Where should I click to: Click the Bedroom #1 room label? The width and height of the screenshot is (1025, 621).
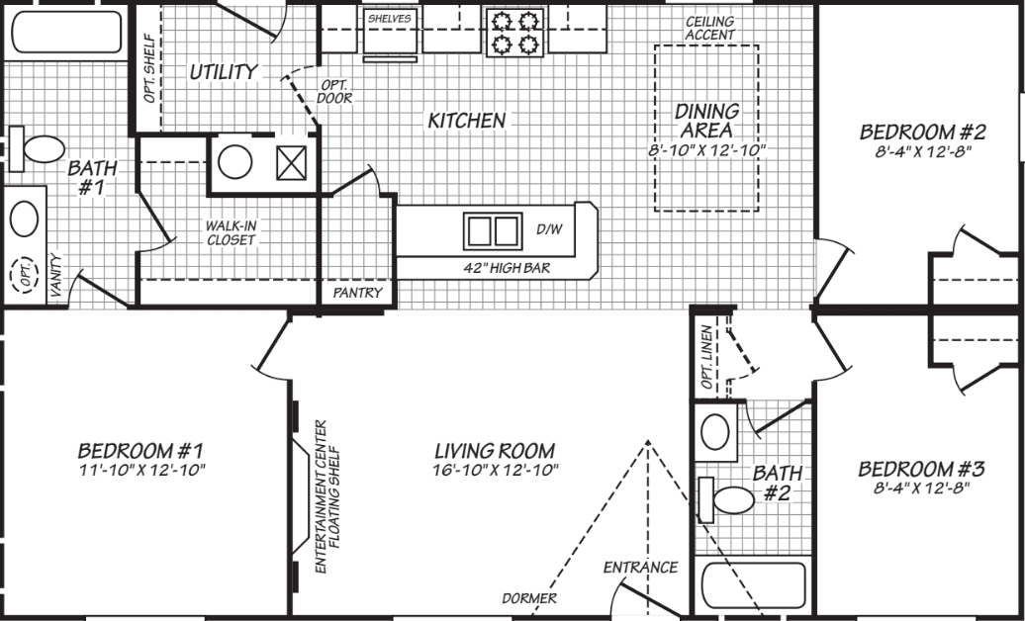coord(141,450)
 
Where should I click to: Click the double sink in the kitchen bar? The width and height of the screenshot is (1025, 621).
coord(492,229)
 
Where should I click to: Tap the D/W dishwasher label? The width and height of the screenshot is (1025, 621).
coord(549,229)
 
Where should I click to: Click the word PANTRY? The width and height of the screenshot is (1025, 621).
coord(357,294)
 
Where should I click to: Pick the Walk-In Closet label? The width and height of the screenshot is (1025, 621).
coord(231,232)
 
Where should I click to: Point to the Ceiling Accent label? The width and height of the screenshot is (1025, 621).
coord(710,28)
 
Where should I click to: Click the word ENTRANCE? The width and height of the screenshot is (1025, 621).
coord(640,568)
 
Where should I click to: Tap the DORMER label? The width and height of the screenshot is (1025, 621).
coord(528,598)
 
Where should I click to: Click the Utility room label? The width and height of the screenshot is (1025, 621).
coord(224,71)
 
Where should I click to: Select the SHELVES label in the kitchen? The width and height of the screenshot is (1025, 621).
coord(389,19)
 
